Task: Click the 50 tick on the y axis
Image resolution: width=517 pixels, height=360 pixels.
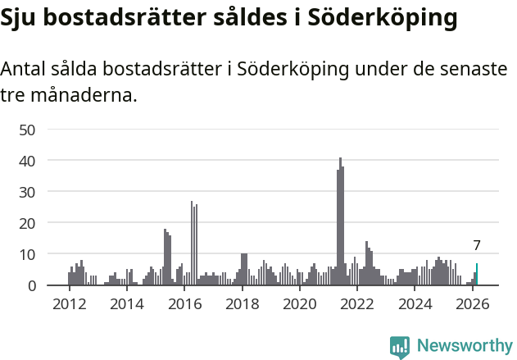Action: [x=27, y=130]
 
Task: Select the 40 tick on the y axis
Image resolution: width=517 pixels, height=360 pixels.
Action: [x=27, y=161]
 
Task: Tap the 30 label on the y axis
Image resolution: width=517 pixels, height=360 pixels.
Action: [x=27, y=192]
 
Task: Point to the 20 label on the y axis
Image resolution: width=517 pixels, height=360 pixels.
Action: [x=27, y=223]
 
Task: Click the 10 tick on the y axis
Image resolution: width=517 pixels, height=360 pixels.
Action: [x=27, y=254]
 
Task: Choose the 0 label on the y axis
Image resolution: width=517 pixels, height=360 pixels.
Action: [x=31, y=285]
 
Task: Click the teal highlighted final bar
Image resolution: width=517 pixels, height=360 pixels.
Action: [x=477, y=275]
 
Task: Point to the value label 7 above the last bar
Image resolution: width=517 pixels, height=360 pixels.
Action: [x=477, y=245]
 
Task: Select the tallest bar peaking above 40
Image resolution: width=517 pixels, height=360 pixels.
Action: [x=340, y=221]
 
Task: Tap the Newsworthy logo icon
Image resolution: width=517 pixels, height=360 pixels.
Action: [x=400, y=346]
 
